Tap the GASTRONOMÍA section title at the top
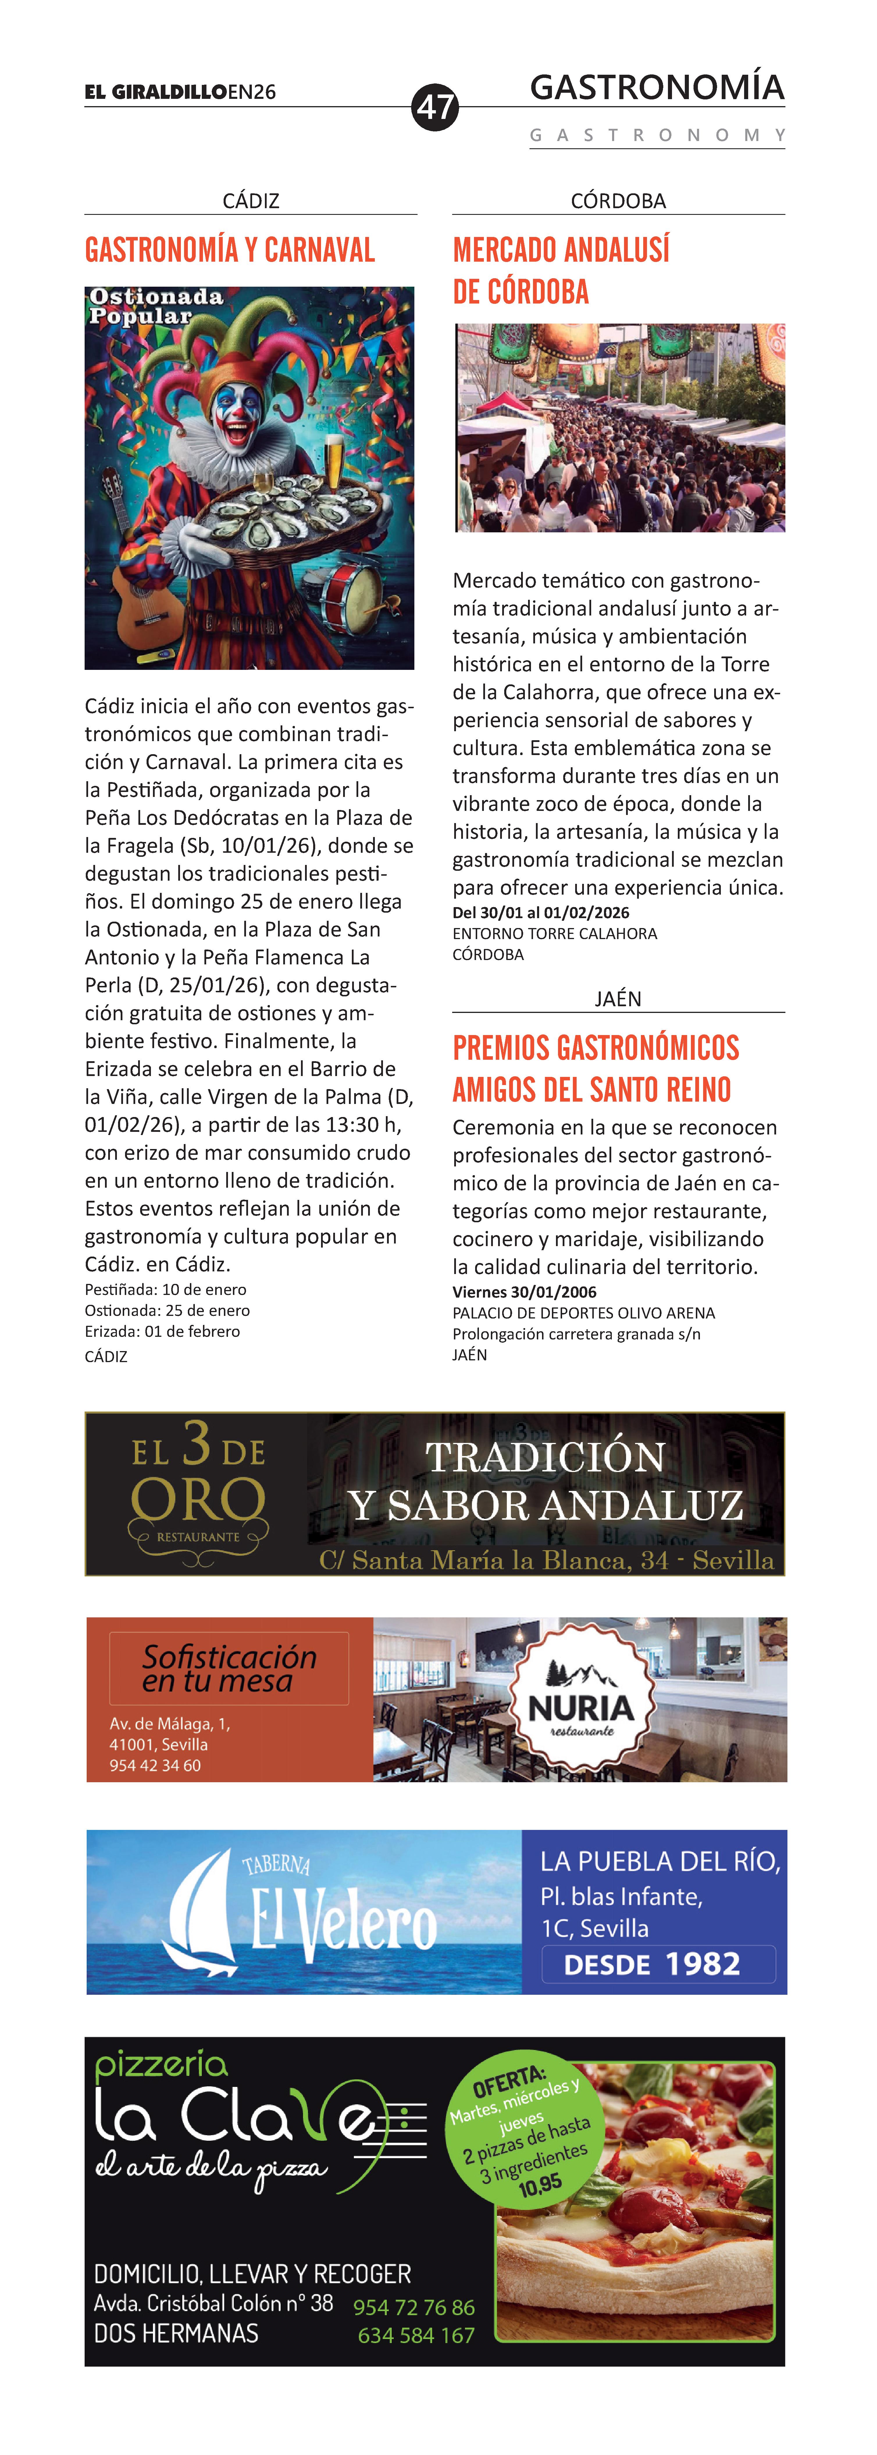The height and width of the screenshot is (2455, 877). point(657,88)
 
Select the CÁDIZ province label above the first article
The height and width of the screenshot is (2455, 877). point(251,201)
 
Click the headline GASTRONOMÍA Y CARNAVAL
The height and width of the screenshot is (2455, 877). point(230,251)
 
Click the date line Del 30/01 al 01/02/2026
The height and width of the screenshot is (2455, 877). point(541,912)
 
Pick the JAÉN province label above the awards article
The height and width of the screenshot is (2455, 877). point(618,999)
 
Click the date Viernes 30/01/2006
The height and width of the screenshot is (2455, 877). point(524,1292)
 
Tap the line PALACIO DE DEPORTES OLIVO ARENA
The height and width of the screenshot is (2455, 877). point(583,1313)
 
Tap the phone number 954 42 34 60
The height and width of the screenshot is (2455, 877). point(155,1765)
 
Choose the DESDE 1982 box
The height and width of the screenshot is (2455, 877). point(658,1964)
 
